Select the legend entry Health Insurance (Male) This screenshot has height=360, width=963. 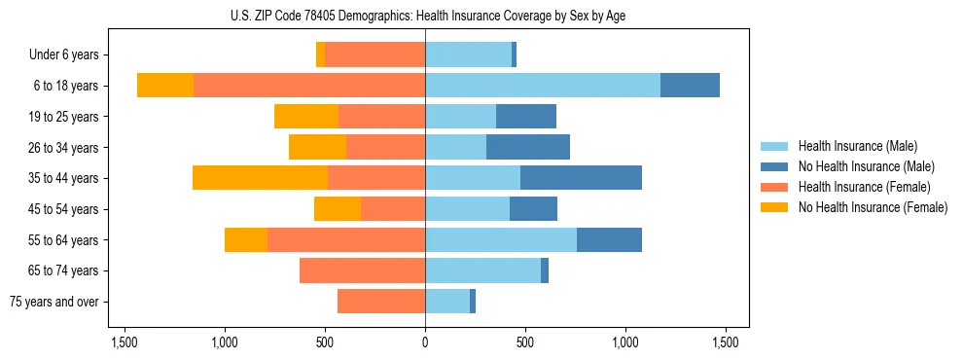tap(857, 146)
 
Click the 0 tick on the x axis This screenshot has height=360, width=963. tap(425, 343)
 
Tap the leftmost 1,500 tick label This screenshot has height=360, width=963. tap(125, 343)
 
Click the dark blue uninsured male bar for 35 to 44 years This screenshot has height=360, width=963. tap(581, 178)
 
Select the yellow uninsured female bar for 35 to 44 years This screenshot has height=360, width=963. tap(260, 178)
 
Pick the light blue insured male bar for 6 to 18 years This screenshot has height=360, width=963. tap(542, 86)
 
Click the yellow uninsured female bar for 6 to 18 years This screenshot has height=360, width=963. tap(165, 86)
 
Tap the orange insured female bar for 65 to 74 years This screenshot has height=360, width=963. tap(362, 270)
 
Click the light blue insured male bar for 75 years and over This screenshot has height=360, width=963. tap(447, 302)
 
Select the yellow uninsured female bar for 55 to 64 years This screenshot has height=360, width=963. tap(246, 239)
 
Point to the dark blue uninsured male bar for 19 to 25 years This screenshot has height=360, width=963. tap(525, 117)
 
